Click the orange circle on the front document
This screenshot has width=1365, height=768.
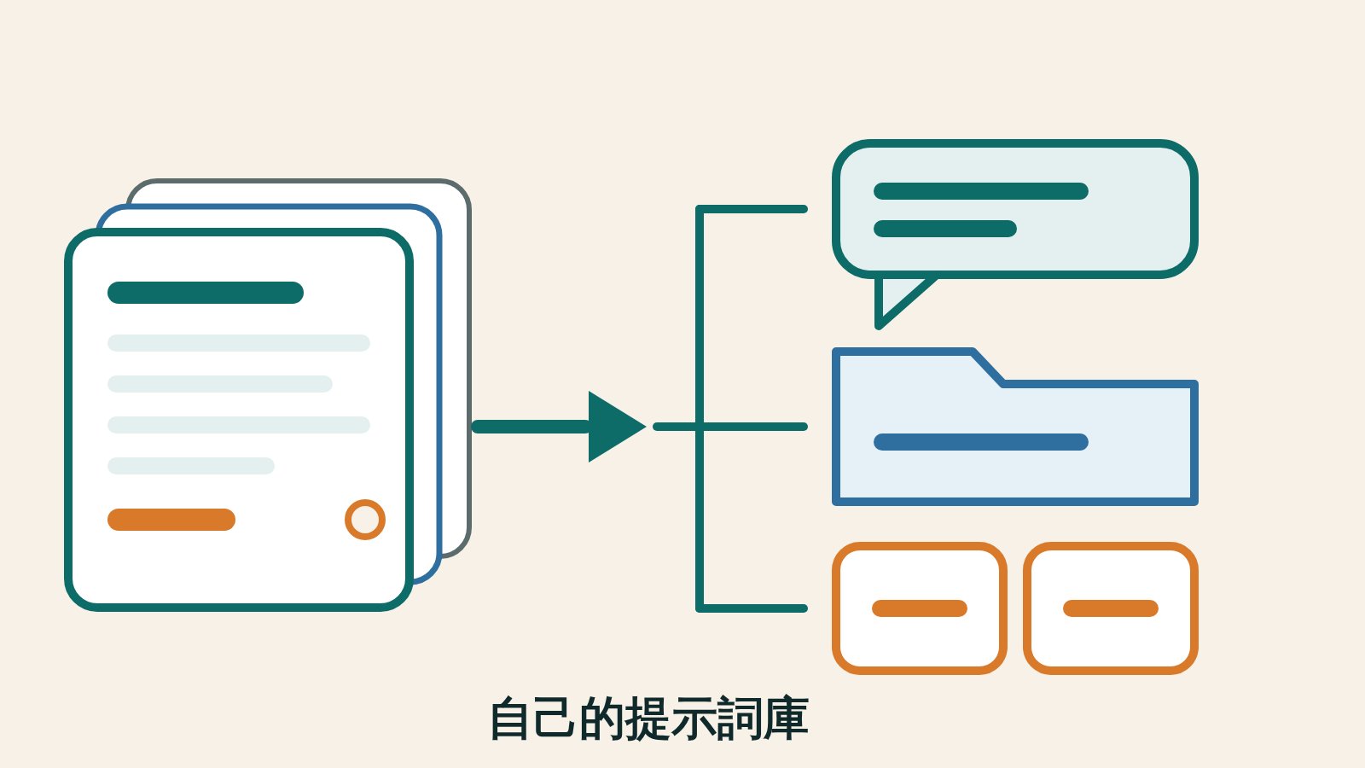click(365, 520)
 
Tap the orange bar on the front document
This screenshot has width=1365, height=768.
click(171, 520)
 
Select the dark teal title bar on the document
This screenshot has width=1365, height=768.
click(206, 293)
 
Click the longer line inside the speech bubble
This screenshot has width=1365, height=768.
click(981, 191)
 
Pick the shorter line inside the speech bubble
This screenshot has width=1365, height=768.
click(945, 229)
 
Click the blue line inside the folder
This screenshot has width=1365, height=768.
click(981, 442)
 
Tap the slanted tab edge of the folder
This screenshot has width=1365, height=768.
click(988, 368)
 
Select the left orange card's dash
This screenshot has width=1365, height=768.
click(920, 608)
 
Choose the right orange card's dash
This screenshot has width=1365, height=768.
click(1111, 608)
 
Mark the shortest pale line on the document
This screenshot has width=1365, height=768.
click(191, 466)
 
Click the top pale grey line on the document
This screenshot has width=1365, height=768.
click(239, 343)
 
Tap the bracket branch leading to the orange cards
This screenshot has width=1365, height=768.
click(753, 608)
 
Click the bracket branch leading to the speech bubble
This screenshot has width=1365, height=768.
click(753, 209)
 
